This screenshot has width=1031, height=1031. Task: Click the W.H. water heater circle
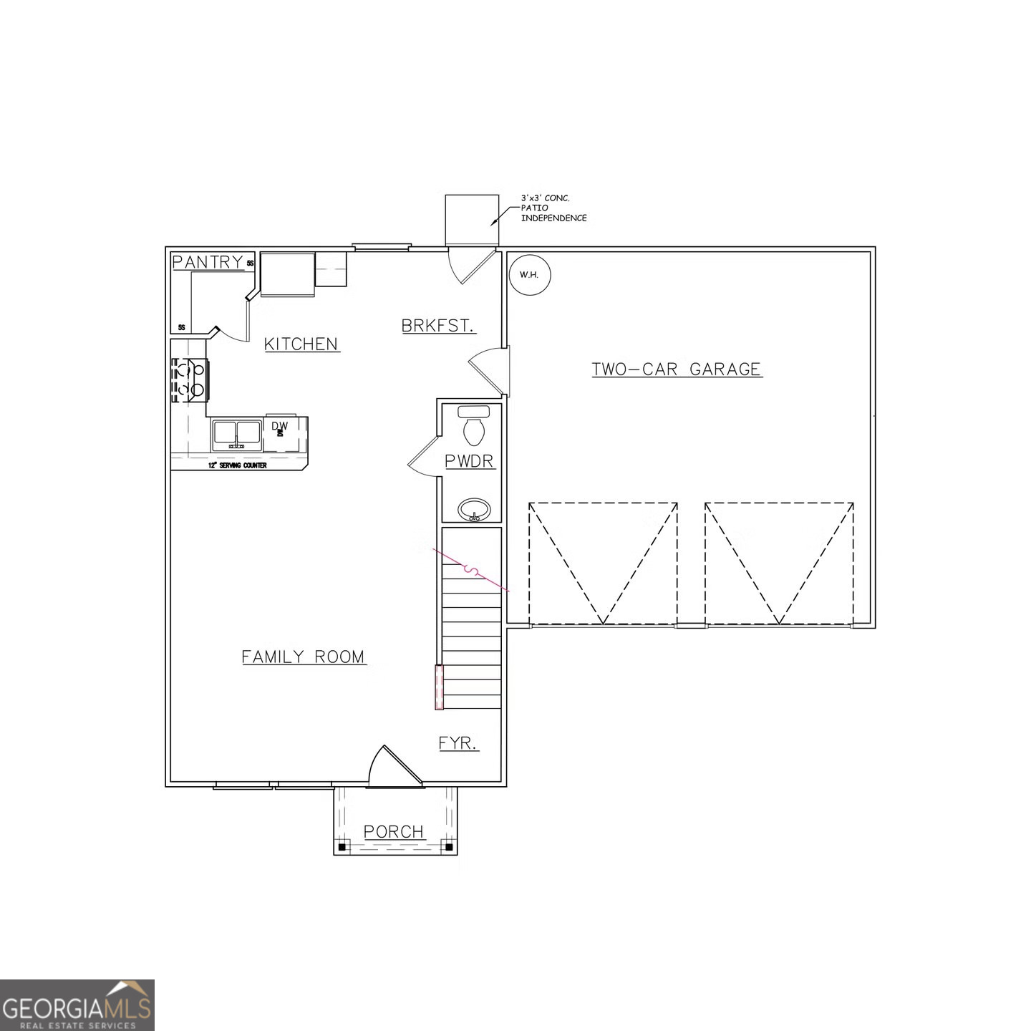529,275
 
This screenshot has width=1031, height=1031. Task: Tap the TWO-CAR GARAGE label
676,369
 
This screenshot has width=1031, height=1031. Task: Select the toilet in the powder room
473,427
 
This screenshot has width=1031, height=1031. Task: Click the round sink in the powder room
474,510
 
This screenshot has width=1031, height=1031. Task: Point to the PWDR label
469,461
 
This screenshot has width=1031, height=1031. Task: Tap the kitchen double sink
237,435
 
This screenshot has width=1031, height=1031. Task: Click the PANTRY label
208,262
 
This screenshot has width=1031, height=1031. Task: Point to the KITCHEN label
301,344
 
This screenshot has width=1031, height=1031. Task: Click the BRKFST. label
438,326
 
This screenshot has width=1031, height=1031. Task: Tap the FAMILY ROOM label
303,657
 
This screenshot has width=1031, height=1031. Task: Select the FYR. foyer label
458,743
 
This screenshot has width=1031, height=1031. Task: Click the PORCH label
394,832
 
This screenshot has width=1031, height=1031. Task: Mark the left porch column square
342,847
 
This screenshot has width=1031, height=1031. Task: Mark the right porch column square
449,847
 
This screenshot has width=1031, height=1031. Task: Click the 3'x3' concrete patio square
471,220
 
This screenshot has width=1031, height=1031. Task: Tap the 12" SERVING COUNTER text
237,465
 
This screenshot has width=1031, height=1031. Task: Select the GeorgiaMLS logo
77,1005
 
